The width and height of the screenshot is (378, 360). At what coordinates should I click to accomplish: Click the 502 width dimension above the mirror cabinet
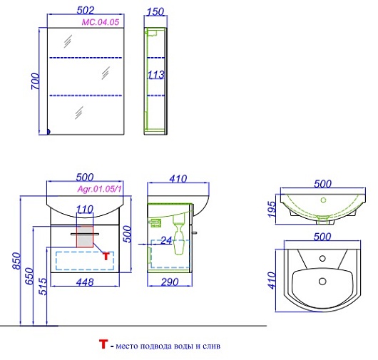86,10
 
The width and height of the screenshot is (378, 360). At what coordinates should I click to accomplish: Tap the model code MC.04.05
101,22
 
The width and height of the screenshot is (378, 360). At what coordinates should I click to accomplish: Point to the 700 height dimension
35,81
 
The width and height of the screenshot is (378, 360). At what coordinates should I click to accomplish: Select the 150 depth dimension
155,12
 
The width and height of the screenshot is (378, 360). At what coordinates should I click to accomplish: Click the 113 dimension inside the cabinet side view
156,75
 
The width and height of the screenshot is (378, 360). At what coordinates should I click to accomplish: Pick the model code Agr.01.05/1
100,189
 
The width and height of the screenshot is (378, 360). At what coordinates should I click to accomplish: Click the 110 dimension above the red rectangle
85,209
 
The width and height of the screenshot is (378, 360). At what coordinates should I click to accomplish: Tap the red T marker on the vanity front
106,256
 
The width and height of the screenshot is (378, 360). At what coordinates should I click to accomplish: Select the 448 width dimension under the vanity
85,282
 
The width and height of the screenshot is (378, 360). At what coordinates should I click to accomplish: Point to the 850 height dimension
17,261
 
